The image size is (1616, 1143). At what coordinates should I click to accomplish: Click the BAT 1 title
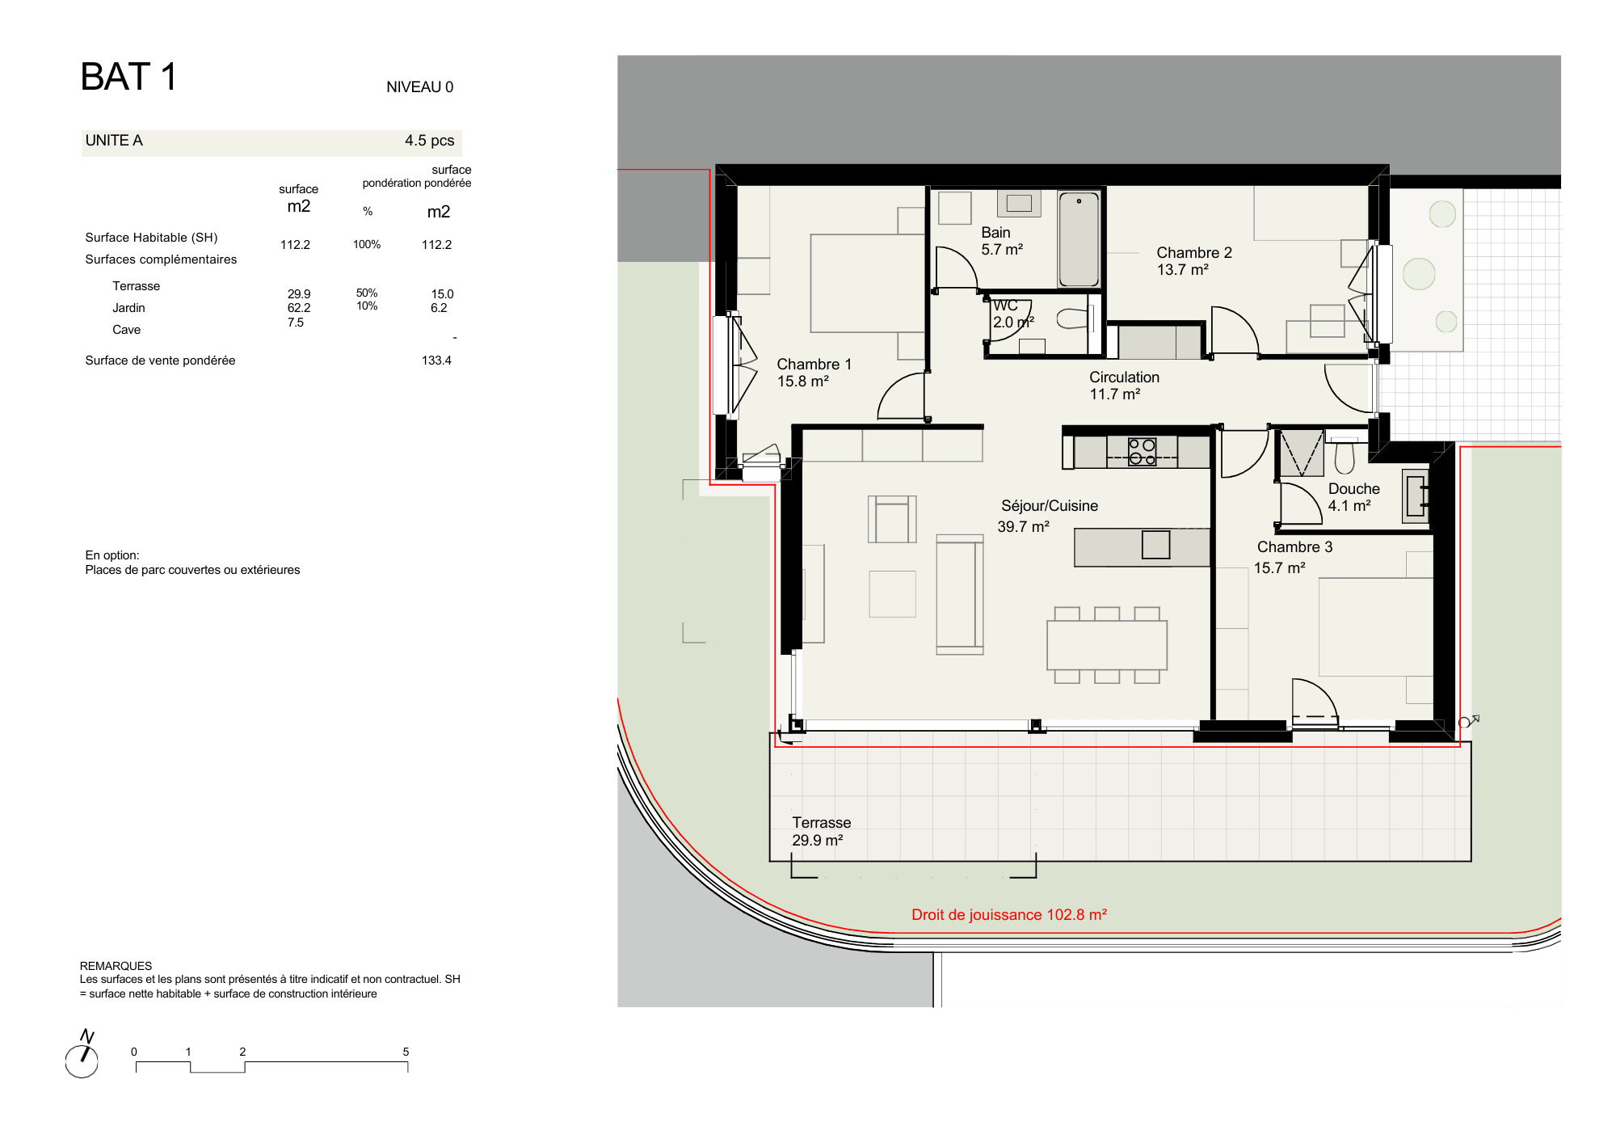pyautogui.click(x=128, y=77)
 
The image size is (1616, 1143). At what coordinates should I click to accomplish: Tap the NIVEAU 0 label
pyautogui.click(x=419, y=87)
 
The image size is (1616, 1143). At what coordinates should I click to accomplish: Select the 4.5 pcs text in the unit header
pyautogui.click(x=429, y=141)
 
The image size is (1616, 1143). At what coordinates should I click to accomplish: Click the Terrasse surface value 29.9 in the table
pyautogui.click(x=299, y=294)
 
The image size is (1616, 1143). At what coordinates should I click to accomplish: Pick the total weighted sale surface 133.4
pyautogui.click(x=436, y=361)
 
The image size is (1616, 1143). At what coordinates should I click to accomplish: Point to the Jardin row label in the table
pyautogui.click(x=128, y=308)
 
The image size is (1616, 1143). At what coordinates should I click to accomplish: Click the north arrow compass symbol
pyautogui.click(x=82, y=1054)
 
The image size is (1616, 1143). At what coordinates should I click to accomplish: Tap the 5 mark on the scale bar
pyautogui.click(x=406, y=1052)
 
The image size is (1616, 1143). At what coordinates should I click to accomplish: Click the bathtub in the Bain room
pyautogui.click(x=1079, y=239)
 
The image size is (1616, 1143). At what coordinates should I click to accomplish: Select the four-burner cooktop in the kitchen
pyautogui.click(x=1142, y=452)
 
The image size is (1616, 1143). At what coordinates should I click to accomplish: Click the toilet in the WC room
pyautogui.click(x=1074, y=318)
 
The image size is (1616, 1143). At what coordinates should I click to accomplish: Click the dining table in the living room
pyautogui.click(x=1107, y=645)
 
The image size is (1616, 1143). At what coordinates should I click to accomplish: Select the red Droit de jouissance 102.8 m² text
pyautogui.click(x=1009, y=914)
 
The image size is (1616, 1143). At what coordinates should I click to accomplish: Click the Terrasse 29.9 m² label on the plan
pyautogui.click(x=821, y=831)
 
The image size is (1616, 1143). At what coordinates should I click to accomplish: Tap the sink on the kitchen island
pyautogui.click(x=1155, y=545)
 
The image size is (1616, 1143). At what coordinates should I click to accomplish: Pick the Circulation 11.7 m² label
pyautogui.click(x=1123, y=386)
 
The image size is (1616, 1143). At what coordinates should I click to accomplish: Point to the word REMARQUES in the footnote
pyautogui.click(x=116, y=966)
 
